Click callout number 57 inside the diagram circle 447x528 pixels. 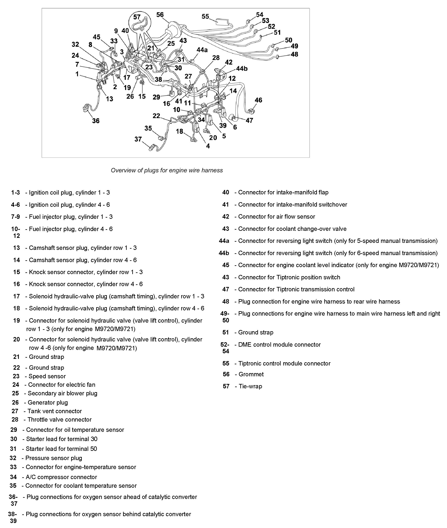tap(137, 17)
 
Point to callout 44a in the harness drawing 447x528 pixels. tap(202, 50)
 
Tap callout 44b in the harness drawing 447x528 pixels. tap(242, 69)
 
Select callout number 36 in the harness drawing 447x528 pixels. tap(96, 121)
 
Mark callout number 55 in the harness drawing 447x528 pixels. tap(205, 16)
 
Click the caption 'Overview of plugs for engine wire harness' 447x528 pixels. tap(167, 170)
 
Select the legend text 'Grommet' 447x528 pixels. tap(251, 374)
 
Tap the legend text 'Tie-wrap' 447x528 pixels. tap(250, 386)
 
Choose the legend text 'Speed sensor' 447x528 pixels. tap(47, 376)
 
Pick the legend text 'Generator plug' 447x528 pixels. tap(48, 403)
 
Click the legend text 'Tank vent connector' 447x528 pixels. tap(55, 411)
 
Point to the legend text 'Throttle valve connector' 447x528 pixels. tap(59, 420)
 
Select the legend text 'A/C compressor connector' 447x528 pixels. tap(61, 477)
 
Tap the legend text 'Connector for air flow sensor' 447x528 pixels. tap(276, 217)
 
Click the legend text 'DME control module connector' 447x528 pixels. tap(279, 345)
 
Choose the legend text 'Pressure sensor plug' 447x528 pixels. tap(54, 458)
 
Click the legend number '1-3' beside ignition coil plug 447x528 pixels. tap(15, 193)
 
